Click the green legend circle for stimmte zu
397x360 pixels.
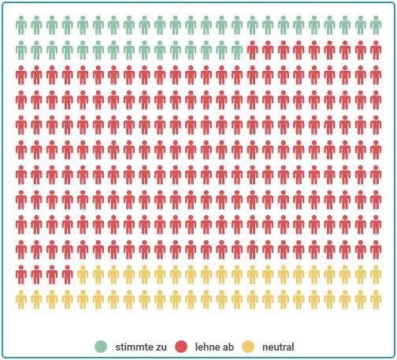coord(101,347)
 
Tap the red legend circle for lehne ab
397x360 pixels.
coord(180,347)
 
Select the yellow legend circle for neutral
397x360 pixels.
coord(247,347)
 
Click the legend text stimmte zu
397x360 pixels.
coord(141,347)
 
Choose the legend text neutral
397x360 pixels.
coord(278,347)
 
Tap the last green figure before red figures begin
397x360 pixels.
coord(237,51)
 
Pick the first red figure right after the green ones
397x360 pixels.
coord(253,51)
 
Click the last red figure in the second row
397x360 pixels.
coord(376,51)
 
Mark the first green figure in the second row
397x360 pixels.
coord(21,51)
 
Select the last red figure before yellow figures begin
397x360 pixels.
coord(68,275)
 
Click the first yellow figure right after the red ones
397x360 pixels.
coord(83,275)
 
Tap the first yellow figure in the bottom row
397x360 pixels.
coord(21,300)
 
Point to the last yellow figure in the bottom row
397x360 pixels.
coord(376,300)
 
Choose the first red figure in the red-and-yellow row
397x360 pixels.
coord(21,275)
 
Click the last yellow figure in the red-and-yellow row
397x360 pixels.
coord(376,275)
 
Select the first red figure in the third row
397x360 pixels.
coord(21,76)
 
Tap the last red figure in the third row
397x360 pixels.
coord(376,76)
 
